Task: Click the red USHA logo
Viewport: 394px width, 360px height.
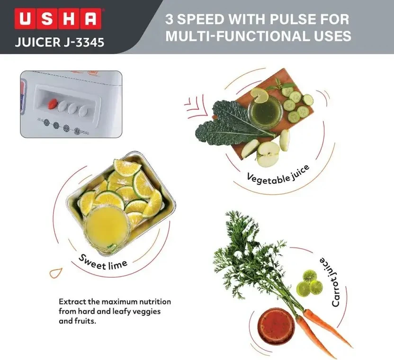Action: [x=58, y=19]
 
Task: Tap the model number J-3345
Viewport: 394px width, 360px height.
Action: [x=84, y=42]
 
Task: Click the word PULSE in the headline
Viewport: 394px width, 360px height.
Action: [x=293, y=19]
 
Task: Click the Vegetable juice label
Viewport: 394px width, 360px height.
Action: [x=278, y=176]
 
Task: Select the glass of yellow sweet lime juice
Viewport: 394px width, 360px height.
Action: [x=107, y=227]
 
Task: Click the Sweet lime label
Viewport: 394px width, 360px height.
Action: [x=103, y=262]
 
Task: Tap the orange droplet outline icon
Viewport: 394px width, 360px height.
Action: [x=55, y=273]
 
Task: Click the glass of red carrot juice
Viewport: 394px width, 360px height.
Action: [x=276, y=326]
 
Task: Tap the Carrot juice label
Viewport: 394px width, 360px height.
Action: [x=330, y=282]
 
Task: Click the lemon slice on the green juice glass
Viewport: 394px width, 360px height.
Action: [x=260, y=95]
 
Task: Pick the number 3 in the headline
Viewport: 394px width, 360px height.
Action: [x=169, y=19]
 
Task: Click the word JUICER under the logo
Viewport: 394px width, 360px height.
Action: [x=38, y=42]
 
